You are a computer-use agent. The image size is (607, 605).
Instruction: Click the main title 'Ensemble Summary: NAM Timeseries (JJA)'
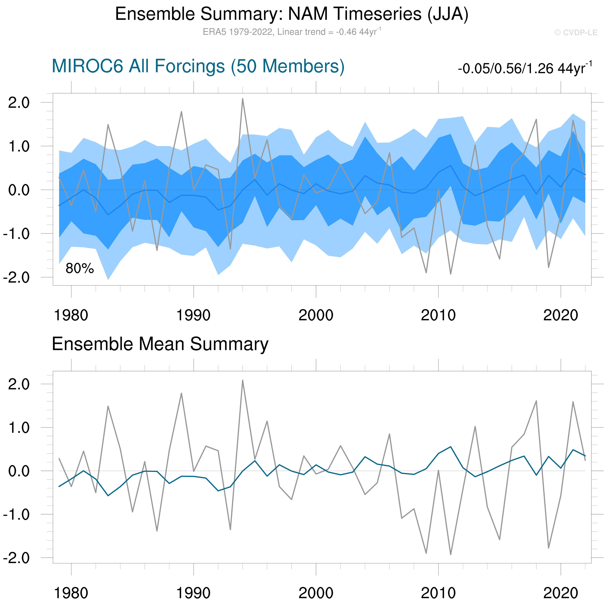(x=292, y=14)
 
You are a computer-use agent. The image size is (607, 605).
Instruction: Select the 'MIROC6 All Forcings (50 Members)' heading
(x=198, y=66)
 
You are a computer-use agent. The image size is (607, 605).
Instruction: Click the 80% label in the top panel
(x=79, y=268)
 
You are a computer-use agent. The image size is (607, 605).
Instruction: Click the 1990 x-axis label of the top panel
(x=193, y=315)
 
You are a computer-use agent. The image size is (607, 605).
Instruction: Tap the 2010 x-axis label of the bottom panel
(x=438, y=593)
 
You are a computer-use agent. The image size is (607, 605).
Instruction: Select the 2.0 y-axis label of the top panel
(x=19, y=103)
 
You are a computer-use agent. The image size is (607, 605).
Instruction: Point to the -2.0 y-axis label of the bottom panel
(x=16, y=558)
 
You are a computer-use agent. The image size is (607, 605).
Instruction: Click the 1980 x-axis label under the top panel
(x=71, y=315)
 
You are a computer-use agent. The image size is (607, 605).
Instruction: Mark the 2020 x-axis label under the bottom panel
(x=560, y=593)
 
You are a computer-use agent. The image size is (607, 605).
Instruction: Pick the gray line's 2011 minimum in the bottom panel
(x=450, y=554)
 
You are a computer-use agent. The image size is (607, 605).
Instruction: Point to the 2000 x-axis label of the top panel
(x=316, y=315)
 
